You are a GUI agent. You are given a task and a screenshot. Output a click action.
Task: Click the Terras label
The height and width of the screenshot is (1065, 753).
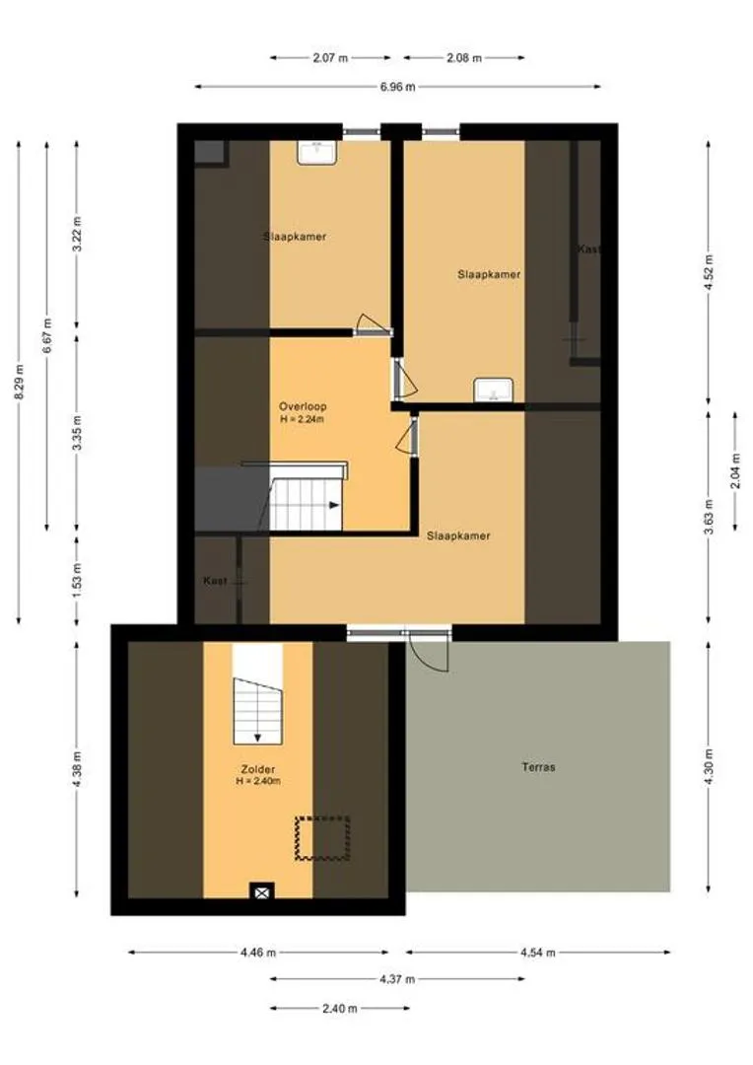click(x=538, y=767)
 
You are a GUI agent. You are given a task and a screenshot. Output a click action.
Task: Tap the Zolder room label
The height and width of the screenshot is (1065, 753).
click(x=258, y=769)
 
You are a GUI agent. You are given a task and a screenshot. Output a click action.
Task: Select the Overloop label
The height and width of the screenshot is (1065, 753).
click(x=303, y=406)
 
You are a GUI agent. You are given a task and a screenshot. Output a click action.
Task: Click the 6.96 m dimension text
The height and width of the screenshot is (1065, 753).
click(x=398, y=87)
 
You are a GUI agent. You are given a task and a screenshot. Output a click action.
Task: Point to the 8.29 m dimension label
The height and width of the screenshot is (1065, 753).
click(x=20, y=382)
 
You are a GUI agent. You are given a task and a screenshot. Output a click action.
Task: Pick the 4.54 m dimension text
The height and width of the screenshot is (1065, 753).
click(x=538, y=953)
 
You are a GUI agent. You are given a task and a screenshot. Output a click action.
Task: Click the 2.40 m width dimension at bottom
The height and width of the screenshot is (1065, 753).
click(x=339, y=1009)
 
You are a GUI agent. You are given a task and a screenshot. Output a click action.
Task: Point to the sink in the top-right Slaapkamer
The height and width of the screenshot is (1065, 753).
click(x=494, y=390)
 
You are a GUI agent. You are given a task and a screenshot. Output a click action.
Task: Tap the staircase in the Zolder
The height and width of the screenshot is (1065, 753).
click(x=257, y=710)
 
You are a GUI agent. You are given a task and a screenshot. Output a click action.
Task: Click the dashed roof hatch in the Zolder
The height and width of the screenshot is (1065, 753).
click(x=322, y=838)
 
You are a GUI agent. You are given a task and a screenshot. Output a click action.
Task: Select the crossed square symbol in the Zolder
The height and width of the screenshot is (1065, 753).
click(x=261, y=891)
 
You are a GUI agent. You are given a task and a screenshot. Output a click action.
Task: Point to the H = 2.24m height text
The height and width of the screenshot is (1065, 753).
click(x=303, y=419)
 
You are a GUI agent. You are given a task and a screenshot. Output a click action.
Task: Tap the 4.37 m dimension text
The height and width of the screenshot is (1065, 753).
click(x=397, y=979)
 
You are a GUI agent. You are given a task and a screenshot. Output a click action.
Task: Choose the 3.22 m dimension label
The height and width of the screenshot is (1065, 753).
click(x=77, y=235)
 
